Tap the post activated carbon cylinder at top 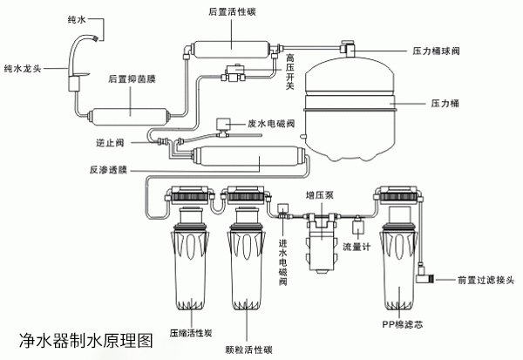(230, 37)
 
